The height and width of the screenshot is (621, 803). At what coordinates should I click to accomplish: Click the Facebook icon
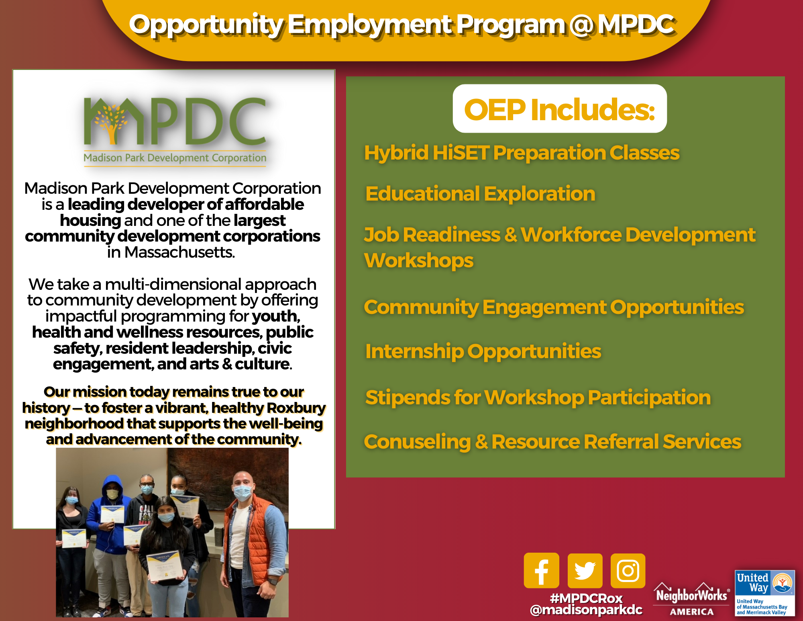(x=541, y=570)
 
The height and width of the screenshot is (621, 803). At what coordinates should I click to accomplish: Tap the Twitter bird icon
(x=585, y=571)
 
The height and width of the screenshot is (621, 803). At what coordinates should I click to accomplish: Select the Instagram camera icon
(x=628, y=571)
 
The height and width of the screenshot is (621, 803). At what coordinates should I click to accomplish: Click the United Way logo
(x=765, y=593)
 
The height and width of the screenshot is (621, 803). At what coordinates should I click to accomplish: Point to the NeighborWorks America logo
(x=692, y=599)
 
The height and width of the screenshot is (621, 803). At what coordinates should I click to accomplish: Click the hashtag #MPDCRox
(x=586, y=598)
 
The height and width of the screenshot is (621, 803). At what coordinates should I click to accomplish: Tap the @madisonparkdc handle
(x=586, y=610)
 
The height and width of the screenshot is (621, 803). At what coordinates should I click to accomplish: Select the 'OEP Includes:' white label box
(x=560, y=109)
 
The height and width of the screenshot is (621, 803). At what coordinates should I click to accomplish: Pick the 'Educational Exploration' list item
(x=480, y=194)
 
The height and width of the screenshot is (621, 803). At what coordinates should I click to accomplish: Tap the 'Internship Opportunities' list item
(x=483, y=352)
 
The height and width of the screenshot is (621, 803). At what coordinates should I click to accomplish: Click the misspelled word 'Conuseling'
(x=417, y=442)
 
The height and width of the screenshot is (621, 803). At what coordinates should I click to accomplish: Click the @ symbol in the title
(x=581, y=25)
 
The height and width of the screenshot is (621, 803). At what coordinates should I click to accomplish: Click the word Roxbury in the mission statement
(x=296, y=408)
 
